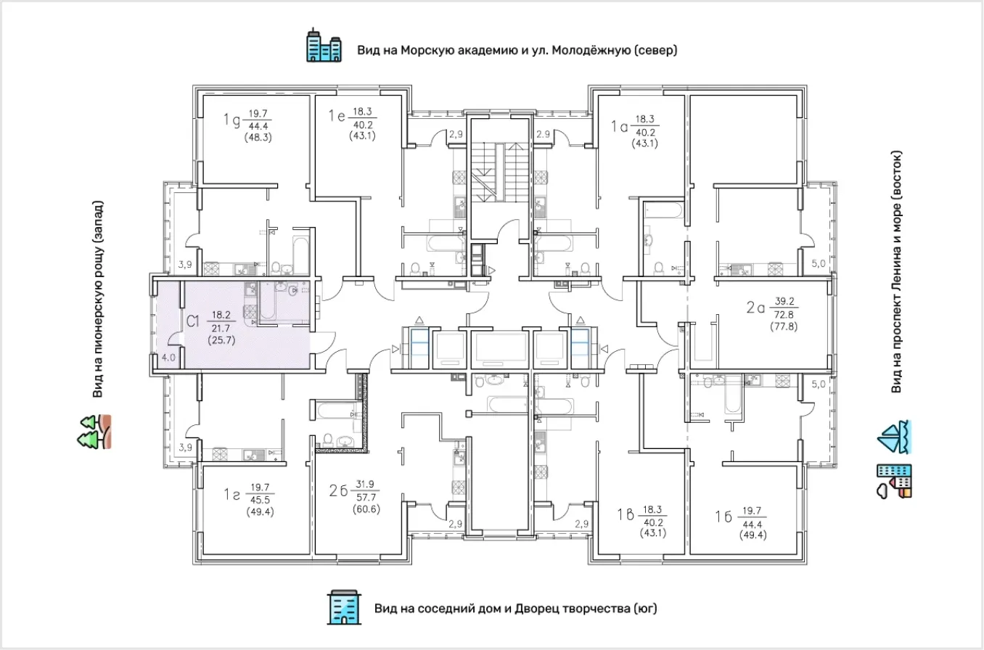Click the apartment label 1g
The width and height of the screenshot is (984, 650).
point(231,120)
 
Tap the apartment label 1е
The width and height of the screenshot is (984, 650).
point(337,116)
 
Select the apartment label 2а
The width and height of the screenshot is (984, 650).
point(755,308)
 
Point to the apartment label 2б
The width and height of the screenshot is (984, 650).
point(338,490)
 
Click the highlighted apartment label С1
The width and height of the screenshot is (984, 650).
point(193,321)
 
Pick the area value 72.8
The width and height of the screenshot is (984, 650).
point(784,314)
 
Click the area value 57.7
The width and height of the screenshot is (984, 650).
point(366,497)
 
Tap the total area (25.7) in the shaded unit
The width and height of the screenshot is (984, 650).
point(221,340)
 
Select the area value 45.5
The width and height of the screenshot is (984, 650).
point(260,500)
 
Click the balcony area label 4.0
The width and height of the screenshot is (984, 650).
point(168,358)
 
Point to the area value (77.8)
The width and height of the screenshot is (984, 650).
point(784,326)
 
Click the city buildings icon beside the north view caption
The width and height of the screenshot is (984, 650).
point(324,45)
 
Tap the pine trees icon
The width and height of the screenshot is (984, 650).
point(94,432)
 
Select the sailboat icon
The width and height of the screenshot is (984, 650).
point(895,437)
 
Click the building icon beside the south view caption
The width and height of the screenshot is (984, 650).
point(345,607)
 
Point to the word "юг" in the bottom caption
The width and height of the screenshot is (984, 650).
point(645,609)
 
